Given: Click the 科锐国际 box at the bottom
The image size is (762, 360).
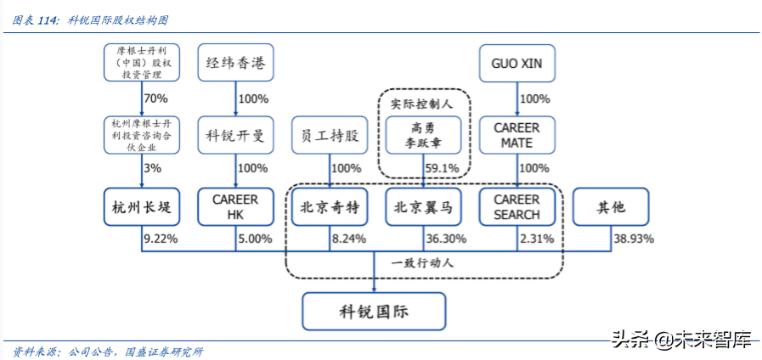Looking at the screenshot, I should (x=373, y=311).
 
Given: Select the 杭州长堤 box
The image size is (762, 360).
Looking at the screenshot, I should (x=142, y=206).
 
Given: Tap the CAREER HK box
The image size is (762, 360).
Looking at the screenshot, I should (x=235, y=206).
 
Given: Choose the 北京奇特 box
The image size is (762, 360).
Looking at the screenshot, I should (x=330, y=206).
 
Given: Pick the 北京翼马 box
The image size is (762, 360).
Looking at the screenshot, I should (x=423, y=206).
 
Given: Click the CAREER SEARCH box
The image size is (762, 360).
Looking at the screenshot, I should (x=516, y=206).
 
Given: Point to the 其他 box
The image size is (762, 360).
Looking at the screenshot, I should (x=610, y=206).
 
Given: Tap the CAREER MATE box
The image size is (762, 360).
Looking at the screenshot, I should (x=516, y=135).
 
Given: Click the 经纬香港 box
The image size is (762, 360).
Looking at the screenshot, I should (x=235, y=63).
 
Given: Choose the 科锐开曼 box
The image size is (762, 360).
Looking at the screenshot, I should (x=235, y=135).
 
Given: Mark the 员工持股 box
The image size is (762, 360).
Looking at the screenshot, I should (x=330, y=135).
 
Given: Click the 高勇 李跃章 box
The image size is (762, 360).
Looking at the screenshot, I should (x=423, y=135).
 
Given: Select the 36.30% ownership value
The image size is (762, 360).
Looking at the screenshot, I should (x=443, y=239).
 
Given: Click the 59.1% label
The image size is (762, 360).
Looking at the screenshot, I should (x=442, y=168).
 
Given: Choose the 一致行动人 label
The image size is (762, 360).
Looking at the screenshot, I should (x=422, y=262).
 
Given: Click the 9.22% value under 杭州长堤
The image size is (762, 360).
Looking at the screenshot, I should (x=161, y=239).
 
